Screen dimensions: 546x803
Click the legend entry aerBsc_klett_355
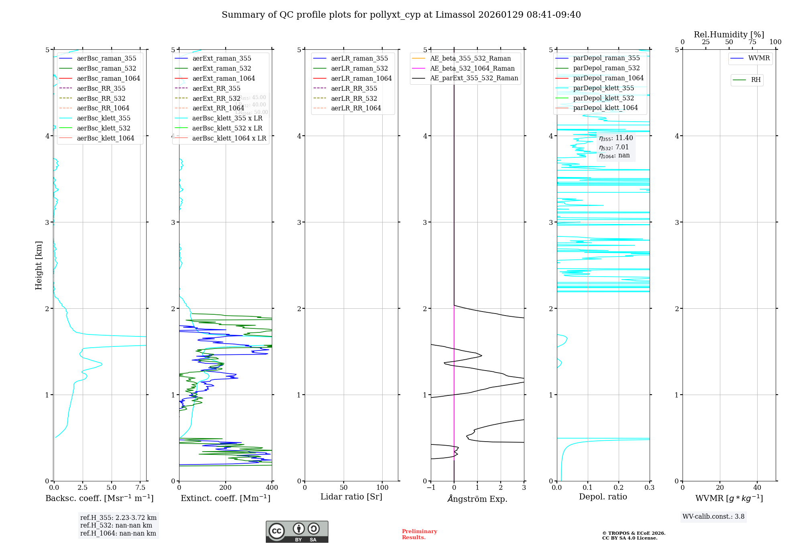103,118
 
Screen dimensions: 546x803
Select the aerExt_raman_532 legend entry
222,68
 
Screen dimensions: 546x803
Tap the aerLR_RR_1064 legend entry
356,108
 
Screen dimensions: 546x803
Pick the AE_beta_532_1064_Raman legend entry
472,68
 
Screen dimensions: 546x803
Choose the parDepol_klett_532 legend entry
603,98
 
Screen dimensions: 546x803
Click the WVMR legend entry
759,58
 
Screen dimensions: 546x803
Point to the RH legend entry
756,80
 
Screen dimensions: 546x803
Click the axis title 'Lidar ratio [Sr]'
351,497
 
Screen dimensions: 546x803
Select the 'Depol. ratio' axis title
603,497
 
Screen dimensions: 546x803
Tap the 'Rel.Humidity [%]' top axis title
729,35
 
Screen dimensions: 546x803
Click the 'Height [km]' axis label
39,265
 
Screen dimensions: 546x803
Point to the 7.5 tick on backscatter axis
141,488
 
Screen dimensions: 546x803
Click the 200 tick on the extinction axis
226,488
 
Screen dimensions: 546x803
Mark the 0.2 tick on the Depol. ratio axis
619,488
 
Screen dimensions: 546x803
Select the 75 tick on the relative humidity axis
752,42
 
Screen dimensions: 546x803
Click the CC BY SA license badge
297,532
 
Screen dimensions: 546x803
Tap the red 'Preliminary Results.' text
419,534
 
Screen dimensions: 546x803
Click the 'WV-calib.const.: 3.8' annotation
713,517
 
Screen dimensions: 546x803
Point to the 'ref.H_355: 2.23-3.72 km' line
118,518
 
